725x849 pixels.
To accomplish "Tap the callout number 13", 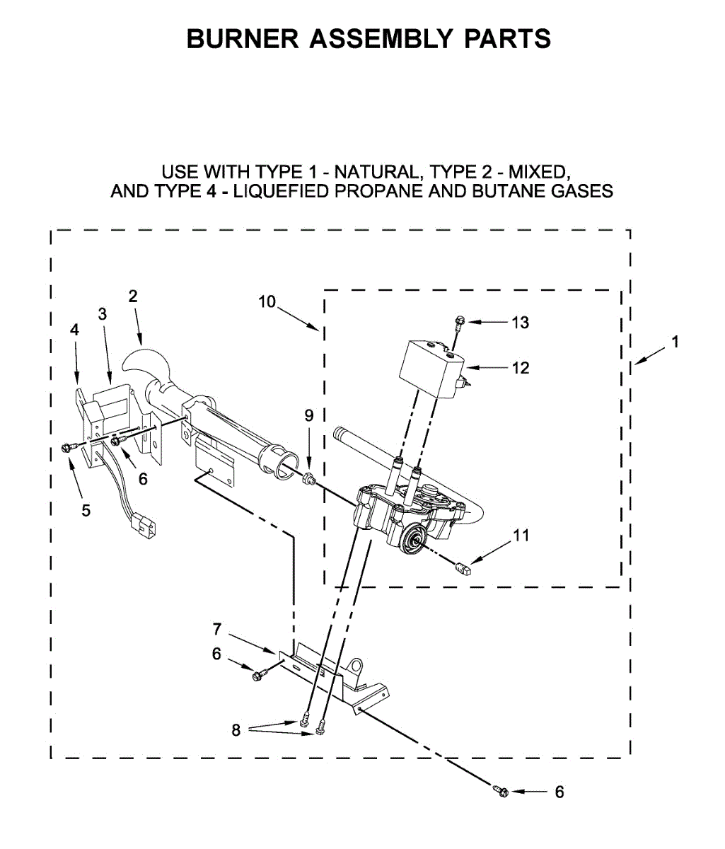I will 520,323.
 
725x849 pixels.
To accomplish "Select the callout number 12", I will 520,368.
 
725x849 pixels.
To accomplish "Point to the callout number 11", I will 520,536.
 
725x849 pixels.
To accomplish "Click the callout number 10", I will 267,302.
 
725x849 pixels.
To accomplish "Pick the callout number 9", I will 308,416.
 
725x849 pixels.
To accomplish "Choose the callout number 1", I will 675,342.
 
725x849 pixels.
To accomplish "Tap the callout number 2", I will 133,296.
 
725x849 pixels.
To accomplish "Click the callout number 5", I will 86,510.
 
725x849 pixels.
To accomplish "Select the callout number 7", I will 217,628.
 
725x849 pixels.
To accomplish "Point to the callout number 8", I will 236,730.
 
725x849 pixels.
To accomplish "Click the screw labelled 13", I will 458,323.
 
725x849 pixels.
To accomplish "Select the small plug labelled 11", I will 463,567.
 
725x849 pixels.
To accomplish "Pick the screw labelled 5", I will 69,447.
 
